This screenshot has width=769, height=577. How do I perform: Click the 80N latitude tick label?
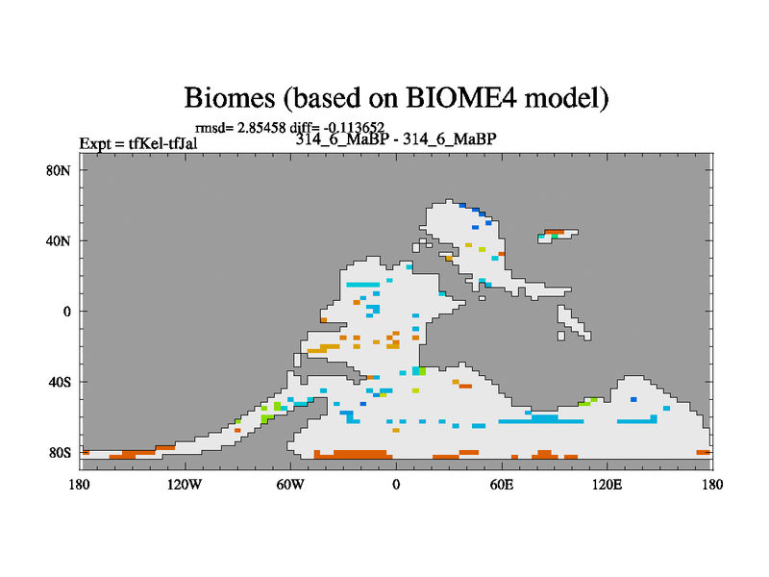point(59,171)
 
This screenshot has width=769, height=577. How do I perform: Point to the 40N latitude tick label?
point(59,241)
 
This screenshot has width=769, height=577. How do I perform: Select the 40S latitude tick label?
point(60,382)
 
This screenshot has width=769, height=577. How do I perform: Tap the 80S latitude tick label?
point(60,452)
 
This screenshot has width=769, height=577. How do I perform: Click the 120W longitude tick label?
point(185,485)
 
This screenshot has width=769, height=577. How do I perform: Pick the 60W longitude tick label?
point(290,485)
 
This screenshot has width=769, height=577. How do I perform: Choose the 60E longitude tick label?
point(502,485)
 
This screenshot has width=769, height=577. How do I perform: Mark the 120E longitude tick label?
point(608,485)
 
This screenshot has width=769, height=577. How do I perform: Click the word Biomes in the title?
point(230,97)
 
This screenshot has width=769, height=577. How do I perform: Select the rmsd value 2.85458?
point(261,128)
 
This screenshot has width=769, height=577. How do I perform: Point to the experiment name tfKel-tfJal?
point(162,143)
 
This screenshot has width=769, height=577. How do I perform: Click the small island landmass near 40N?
point(558,236)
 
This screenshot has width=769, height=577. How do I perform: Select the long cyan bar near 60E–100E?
point(541,420)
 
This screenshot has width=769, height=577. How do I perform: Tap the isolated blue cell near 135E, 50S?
point(633,399)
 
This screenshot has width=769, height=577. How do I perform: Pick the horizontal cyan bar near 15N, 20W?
point(363,285)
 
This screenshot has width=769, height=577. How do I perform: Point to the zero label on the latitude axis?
point(66,312)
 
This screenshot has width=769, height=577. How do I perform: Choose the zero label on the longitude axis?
point(396,485)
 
